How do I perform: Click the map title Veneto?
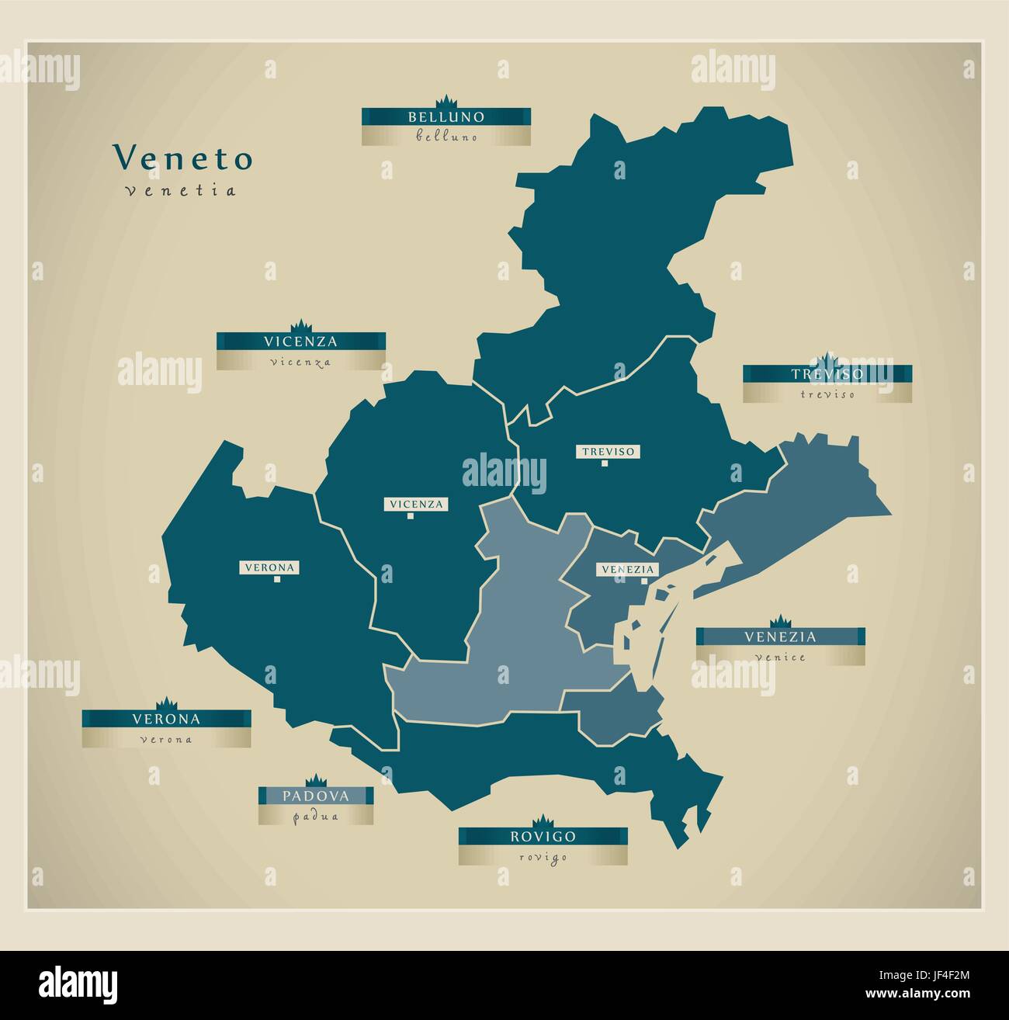(183, 158)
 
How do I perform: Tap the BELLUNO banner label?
(446, 117)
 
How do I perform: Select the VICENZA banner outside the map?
(300, 341)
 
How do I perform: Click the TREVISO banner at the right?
(827, 374)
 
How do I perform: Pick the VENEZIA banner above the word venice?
(780, 637)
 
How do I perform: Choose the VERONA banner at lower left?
(166, 719)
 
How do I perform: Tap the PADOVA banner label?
(316, 796)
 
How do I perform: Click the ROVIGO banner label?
(543, 836)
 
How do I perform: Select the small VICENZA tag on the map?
(416, 505)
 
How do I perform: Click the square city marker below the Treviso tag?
(603, 463)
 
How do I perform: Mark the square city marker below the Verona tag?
(276, 579)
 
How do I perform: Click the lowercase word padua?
(316, 817)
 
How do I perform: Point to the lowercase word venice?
(780, 657)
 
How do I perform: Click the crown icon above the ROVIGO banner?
(543, 821)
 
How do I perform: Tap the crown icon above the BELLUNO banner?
(446, 102)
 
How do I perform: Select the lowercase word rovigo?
(543, 856)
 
